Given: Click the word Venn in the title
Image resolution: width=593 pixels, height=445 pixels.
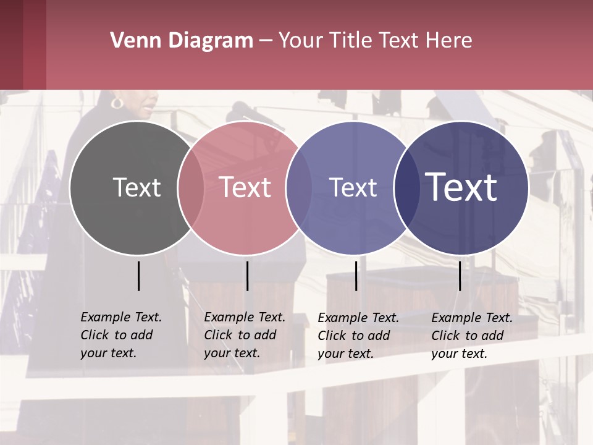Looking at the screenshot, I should [131, 41].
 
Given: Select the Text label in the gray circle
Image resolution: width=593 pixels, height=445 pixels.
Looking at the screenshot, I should [137, 187].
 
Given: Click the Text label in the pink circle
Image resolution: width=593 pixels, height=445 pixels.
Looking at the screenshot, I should [245, 187].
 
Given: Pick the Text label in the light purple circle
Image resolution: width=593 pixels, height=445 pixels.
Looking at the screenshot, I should [353, 187].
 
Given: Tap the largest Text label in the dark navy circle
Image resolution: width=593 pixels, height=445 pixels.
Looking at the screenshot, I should [461, 187].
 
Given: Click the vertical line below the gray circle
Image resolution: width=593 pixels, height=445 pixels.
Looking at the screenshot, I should [139, 276].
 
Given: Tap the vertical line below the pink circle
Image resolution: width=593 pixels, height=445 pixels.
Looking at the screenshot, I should [247, 276].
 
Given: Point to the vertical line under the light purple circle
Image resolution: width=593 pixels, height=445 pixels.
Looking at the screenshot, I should [356, 276].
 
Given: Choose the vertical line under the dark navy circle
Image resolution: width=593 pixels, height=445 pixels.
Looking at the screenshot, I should [460, 276].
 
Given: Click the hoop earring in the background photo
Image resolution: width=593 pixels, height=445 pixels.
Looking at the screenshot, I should [116, 103].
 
